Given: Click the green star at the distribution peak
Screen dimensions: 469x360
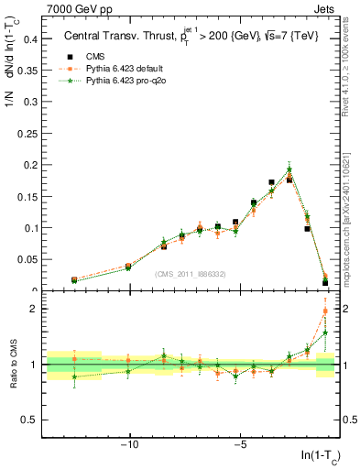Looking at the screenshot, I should tap(289, 169).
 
